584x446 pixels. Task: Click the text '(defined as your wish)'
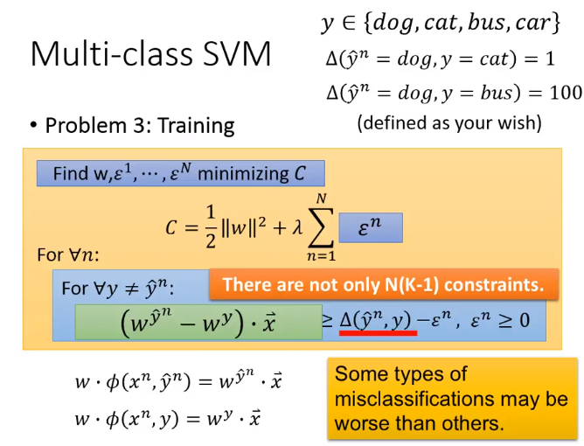click(449, 123)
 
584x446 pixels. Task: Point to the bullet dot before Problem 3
click(34, 125)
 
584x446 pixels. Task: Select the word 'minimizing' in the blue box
click(243, 174)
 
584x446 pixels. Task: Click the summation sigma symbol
click(321, 227)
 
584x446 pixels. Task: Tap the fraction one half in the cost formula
click(211, 226)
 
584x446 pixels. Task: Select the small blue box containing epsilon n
click(371, 227)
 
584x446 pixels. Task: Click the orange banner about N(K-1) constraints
click(384, 284)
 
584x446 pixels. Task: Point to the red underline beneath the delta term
click(378, 333)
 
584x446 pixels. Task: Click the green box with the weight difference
click(198, 323)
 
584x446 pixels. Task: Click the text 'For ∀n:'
click(68, 255)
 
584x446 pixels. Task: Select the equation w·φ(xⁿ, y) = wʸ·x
click(168, 419)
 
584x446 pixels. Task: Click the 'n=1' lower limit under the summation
click(321, 256)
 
